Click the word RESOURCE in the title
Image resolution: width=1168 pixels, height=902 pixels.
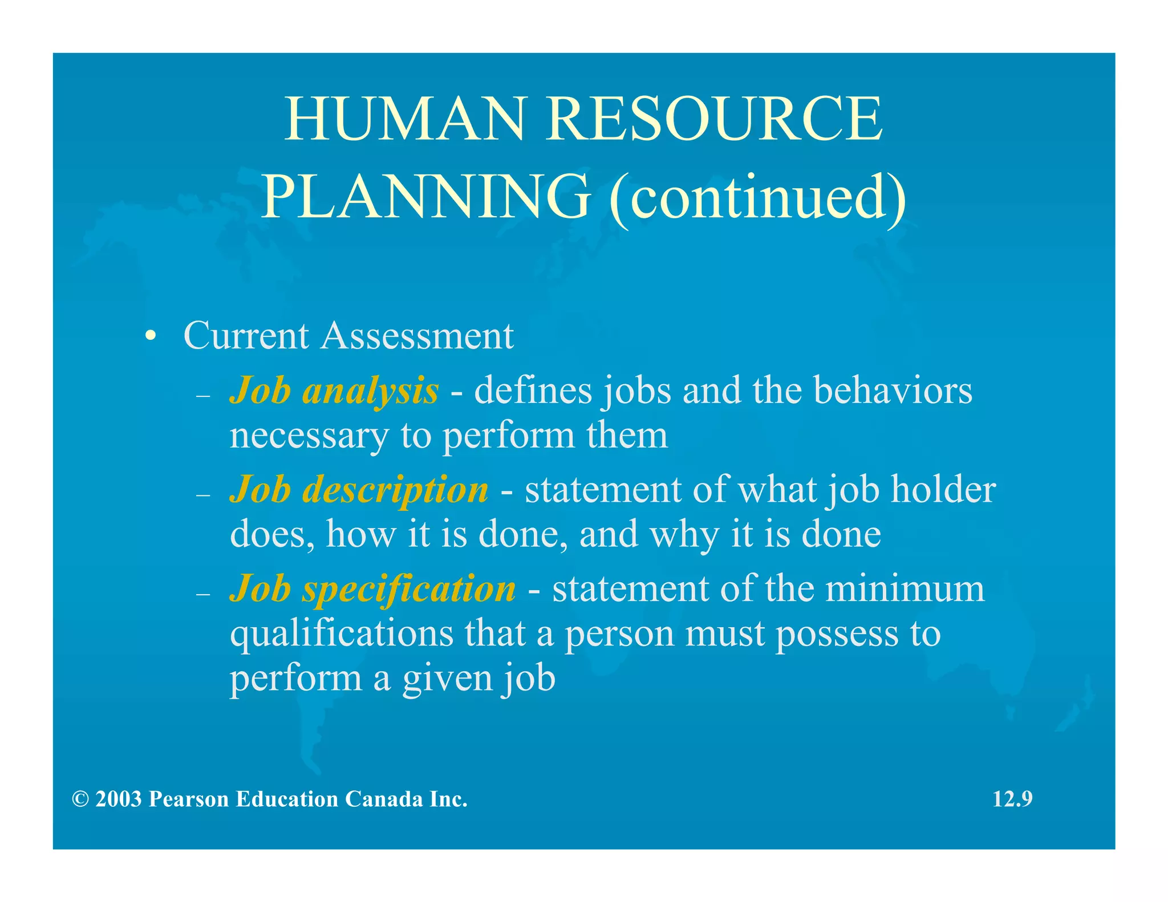pos(715,119)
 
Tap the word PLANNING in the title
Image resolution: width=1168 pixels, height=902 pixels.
pos(425,197)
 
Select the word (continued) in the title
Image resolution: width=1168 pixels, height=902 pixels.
pos(757,197)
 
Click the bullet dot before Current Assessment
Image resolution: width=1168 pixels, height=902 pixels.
pos(150,336)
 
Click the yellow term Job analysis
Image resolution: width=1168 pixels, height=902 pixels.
pos(334,391)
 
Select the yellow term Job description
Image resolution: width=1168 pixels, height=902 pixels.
pos(359,490)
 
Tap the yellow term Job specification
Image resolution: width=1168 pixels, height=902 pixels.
pos(372,588)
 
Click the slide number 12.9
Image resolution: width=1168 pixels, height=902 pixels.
pos(1012,799)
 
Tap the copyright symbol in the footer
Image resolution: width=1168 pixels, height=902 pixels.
pos(80,799)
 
